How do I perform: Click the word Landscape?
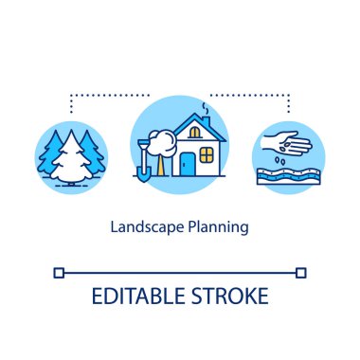142,227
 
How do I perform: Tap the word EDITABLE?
138,294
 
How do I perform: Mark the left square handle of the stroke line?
60,273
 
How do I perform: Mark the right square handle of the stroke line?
300,273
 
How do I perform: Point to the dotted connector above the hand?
256,96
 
